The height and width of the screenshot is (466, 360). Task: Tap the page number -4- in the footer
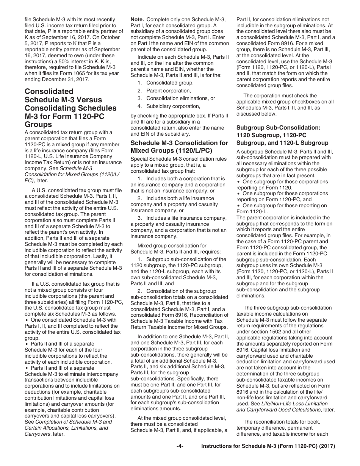[180, 446]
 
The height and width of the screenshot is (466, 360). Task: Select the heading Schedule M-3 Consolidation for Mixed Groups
[179, 146]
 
